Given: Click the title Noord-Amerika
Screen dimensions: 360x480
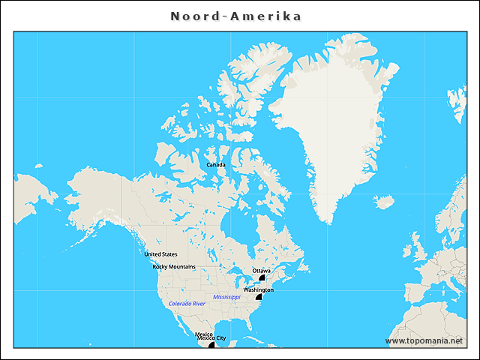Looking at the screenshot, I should click(x=235, y=16).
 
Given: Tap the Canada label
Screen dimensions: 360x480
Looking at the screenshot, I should click(x=215, y=164).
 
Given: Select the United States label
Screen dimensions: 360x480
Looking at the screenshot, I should click(x=160, y=254).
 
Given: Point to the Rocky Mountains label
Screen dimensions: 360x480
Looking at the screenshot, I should click(x=174, y=266).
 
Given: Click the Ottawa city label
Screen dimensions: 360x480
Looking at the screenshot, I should click(x=262, y=270).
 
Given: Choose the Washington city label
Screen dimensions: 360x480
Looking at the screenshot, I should click(x=258, y=289).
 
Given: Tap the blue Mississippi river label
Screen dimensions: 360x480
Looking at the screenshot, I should click(x=226, y=297).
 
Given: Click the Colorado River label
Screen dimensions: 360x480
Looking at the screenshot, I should click(x=187, y=304).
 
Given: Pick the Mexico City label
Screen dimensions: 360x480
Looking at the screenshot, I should click(x=211, y=338).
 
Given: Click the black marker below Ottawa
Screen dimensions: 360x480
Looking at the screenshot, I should click(x=263, y=277).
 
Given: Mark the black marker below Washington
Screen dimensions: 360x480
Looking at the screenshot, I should click(x=259, y=297).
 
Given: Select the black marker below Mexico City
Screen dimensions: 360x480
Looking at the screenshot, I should click(x=212, y=345).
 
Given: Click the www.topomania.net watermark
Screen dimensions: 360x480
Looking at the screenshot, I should click(x=424, y=340).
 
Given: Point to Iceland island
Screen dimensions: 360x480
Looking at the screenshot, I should click(x=384, y=202).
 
